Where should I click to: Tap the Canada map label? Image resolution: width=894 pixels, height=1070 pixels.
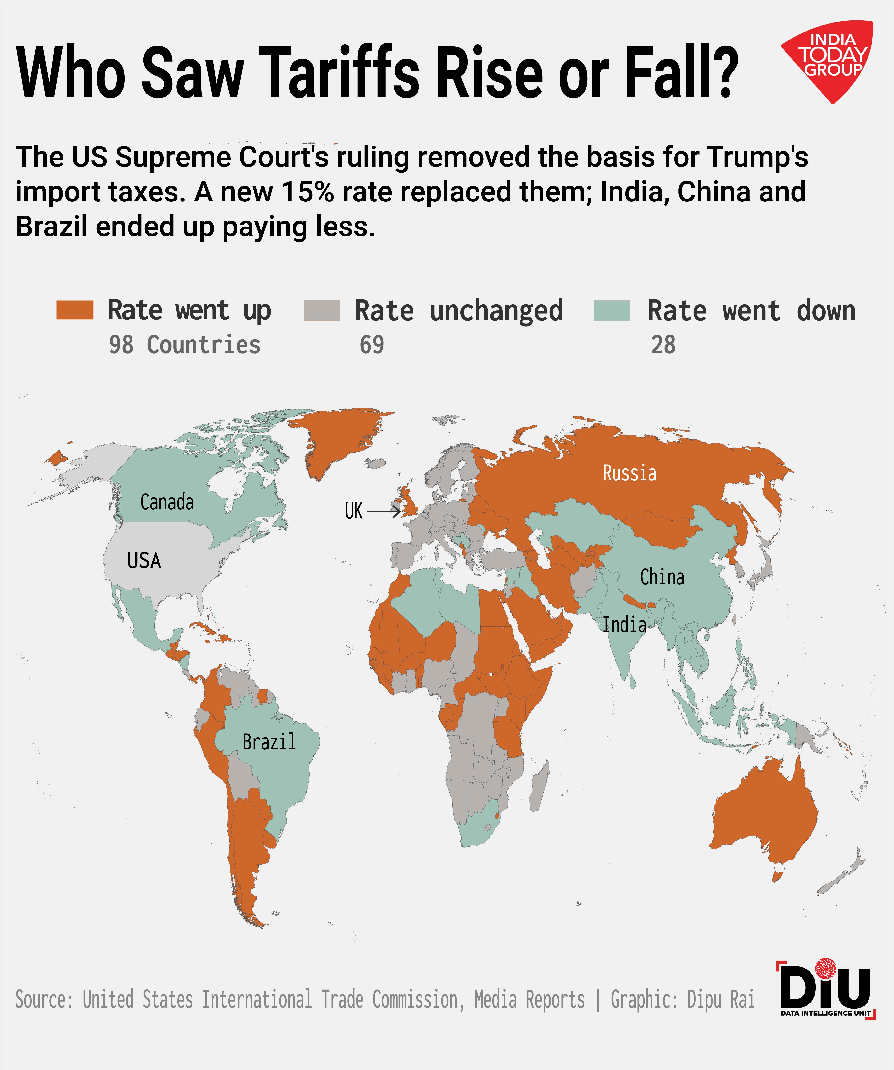pos(167,502)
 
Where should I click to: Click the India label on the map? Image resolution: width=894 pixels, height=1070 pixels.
pos(624,625)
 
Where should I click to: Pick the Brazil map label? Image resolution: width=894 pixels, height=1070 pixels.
pos(269,742)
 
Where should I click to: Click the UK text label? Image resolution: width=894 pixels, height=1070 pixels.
pos(354,511)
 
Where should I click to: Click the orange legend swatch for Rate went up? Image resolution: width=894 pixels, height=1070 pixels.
pos(75,310)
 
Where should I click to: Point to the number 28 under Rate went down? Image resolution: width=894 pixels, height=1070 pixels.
pos(663,345)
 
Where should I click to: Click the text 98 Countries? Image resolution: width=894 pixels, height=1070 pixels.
pos(185,345)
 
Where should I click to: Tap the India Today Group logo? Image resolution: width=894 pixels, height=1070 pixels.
pos(829,59)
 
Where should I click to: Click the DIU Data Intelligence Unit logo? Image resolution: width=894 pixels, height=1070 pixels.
pos(826,991)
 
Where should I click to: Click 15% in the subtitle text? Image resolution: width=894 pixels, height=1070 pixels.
pos(307,192)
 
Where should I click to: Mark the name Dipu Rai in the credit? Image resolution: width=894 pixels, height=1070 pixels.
pos(721,1000)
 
